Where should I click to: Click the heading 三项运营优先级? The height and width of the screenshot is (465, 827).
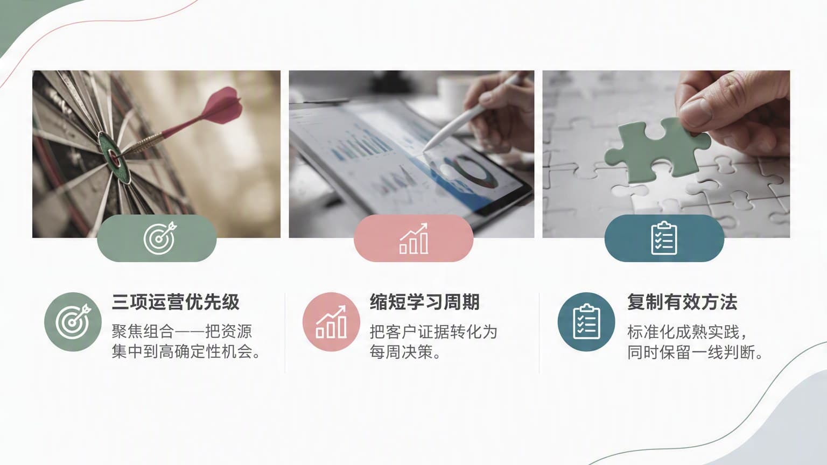tap(176, 302)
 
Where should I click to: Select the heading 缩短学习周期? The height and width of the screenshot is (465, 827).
tap(425, 302)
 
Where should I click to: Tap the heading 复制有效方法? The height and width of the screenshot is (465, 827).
tap(682, 302)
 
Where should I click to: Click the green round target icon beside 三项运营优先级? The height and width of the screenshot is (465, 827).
tap(73, 321)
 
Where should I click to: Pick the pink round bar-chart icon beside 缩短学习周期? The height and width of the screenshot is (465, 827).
tap(331, 321)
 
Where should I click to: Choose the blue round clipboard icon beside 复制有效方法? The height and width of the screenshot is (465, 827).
tap(586, 321)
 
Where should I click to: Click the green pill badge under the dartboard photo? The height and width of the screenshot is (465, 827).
tap(157, 238)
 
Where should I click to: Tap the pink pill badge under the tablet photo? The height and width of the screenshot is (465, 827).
tap(413, 238)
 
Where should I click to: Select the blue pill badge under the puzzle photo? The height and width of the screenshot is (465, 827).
tap(664, 238)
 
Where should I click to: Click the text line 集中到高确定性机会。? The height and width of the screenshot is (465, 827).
tap(187, 351)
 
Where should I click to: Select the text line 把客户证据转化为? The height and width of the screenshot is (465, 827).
tap(433, 332)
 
